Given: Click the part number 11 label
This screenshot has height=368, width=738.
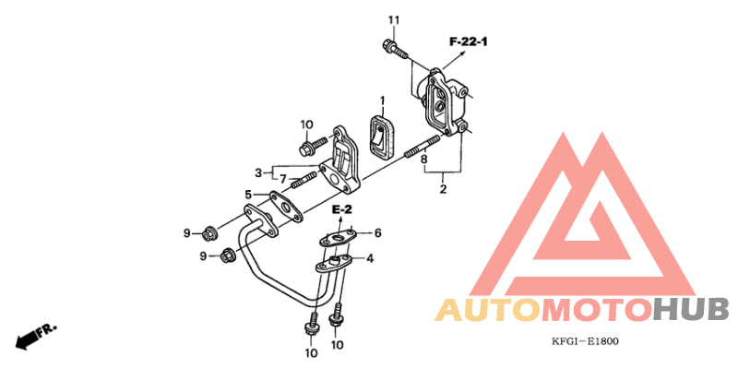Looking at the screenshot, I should click(394, 20).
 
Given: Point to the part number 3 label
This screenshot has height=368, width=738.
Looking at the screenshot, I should click(258, 172).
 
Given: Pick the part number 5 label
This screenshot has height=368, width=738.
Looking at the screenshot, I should click(248, 195).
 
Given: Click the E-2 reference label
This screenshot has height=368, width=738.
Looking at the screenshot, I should click(343, 211).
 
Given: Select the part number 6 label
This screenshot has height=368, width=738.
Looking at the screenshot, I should click(377, 233).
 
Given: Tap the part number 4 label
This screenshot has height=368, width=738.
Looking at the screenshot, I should click(371, 259).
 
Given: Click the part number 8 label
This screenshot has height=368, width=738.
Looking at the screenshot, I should click(425, 160).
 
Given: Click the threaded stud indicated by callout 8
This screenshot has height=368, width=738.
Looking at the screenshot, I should click(420, 147).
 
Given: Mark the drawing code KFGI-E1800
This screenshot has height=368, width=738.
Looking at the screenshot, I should click(585, 341).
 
